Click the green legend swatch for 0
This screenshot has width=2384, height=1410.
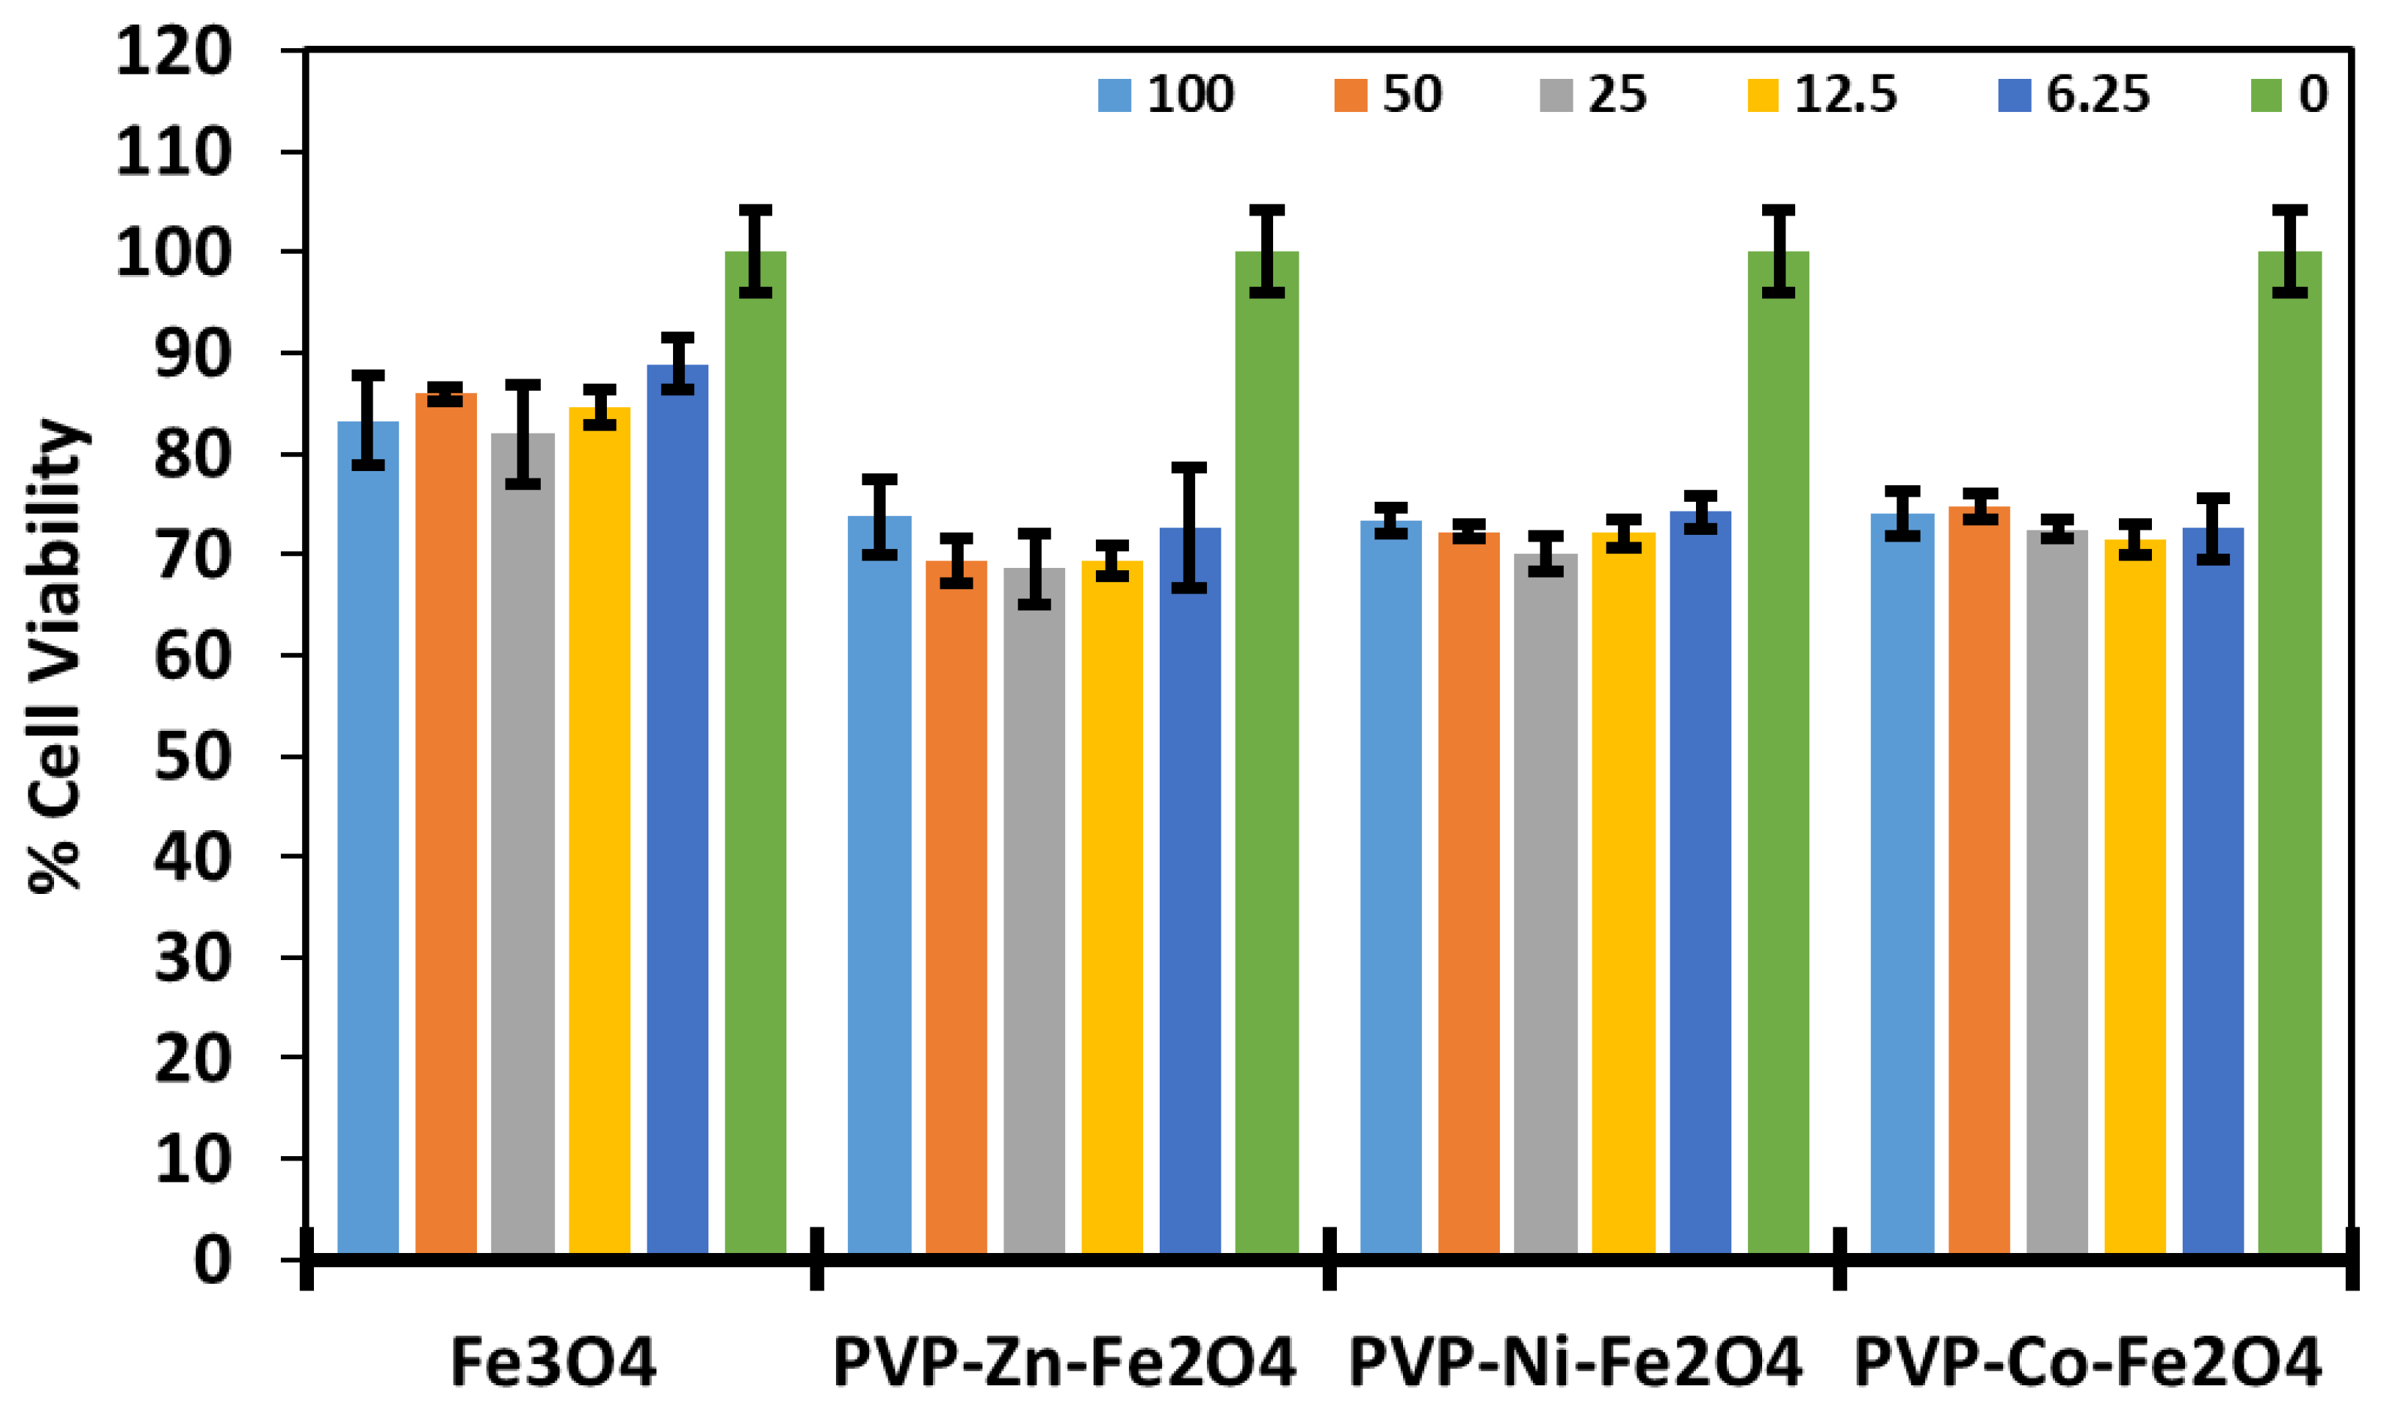[x=2265, y=95]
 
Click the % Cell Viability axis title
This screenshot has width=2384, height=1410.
[x=57, y=656]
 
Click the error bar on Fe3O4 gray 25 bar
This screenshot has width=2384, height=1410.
[x=522, y=434]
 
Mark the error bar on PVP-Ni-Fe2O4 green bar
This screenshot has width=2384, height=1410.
[x=1778, y=251]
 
